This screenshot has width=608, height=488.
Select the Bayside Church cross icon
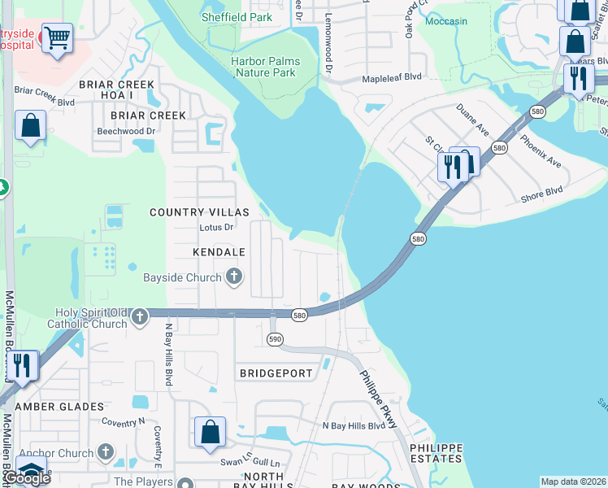234,277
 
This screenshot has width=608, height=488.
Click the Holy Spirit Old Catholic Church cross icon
140,315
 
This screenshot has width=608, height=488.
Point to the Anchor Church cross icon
105,452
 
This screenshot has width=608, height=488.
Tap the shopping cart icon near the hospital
57,37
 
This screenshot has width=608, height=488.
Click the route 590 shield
275,338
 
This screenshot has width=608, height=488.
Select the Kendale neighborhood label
219,253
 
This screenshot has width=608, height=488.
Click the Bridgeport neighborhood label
276,373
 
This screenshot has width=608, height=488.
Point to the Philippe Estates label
436,454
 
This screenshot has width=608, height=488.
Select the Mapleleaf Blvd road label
392,77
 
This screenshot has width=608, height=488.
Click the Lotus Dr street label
216,228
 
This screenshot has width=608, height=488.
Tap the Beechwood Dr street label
126,131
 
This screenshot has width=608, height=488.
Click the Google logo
27,477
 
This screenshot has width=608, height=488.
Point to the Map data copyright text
574,481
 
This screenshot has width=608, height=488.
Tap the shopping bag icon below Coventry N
210,433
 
